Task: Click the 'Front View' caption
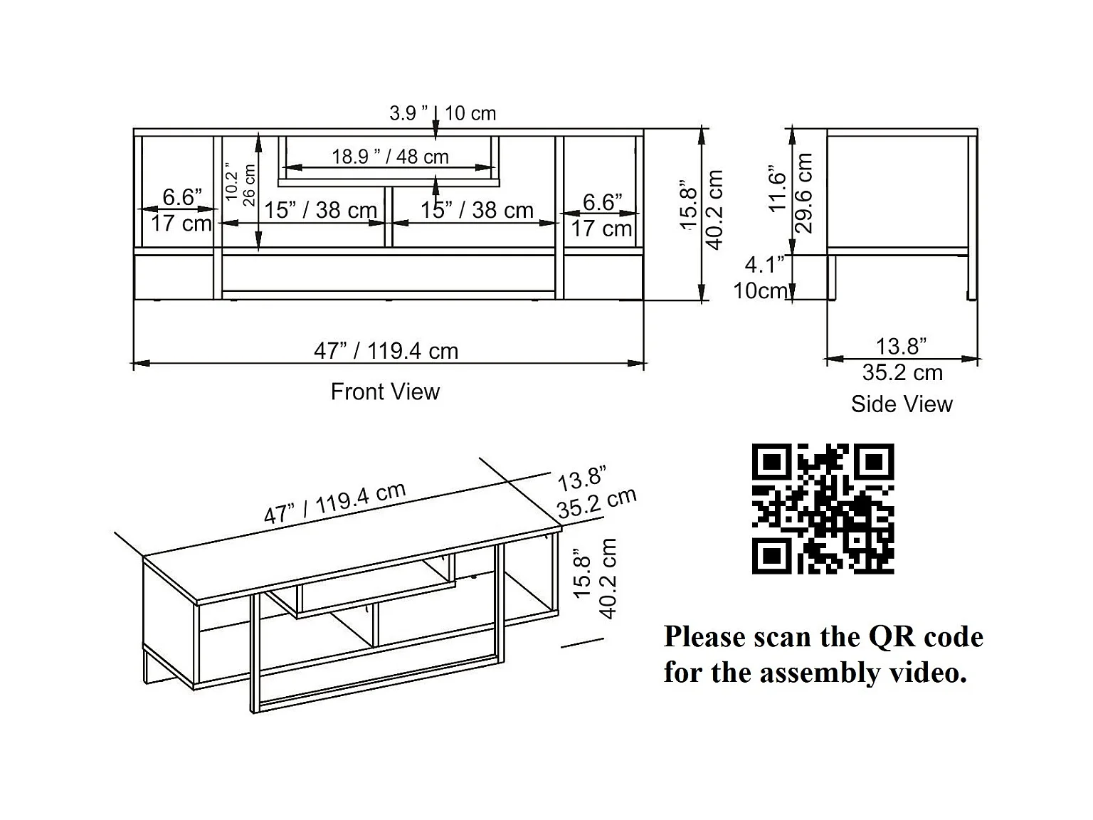click(x=385, y=391)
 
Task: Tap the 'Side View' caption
click(x=902, y=404)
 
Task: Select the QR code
click(x=823, y=508)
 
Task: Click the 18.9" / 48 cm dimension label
click(x=390, y=157)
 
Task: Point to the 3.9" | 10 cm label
click(x=442, y=113)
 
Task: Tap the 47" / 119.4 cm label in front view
click(x=386, y=351)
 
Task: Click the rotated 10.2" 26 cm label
click(x=241, y=184)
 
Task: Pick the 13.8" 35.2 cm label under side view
click(x=902, y=359)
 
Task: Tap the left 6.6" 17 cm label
click(x=181, y=210)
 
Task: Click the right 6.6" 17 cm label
click(x=602, y=215)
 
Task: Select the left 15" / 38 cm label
click(x=320, y=211)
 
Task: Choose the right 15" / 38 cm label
click(x=476, y=211)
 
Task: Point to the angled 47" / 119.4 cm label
click(x=334, y=503)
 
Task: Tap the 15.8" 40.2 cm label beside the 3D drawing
click(x=595, y=578)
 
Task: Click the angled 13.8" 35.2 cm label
click(x=594, y=493)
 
